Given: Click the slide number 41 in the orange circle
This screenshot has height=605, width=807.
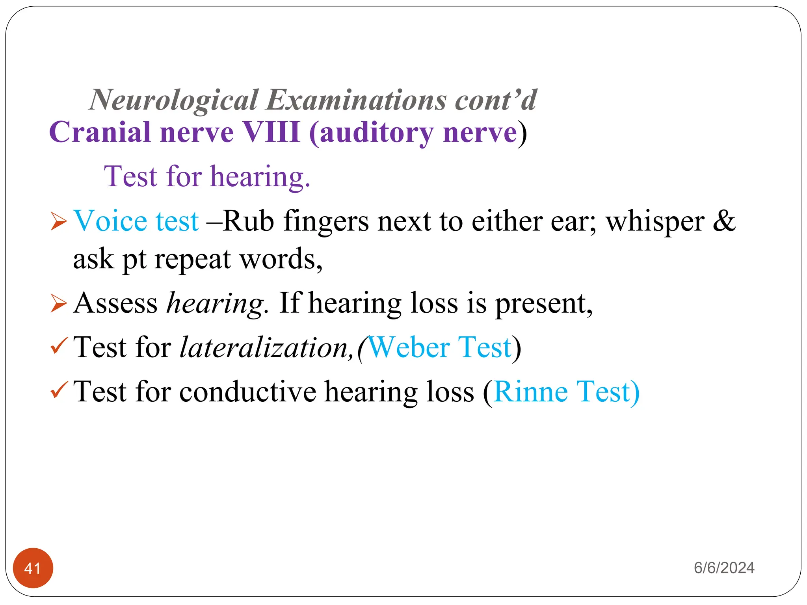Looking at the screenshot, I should (x=33, y=568).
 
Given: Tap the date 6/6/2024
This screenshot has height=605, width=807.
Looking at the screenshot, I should (x=724, y=568).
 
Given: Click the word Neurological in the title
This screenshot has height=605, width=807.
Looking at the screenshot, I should (x=174, y=100).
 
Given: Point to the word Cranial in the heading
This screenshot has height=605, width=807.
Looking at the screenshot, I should (x=100, y=132).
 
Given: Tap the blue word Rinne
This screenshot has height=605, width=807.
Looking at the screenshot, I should (x=530, y=392).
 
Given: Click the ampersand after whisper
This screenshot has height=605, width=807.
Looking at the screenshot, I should (x=724, y=221).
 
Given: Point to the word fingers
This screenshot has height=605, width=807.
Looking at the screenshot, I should (x=326, y=221).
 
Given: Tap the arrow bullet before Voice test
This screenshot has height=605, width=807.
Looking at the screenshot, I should (x=59, y=221).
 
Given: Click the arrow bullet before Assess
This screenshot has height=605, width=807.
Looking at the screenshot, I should (x=59, y=304).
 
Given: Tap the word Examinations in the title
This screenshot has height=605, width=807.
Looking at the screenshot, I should (x=356, y=100).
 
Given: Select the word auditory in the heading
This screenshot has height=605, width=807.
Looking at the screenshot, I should (x=377, y=133).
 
